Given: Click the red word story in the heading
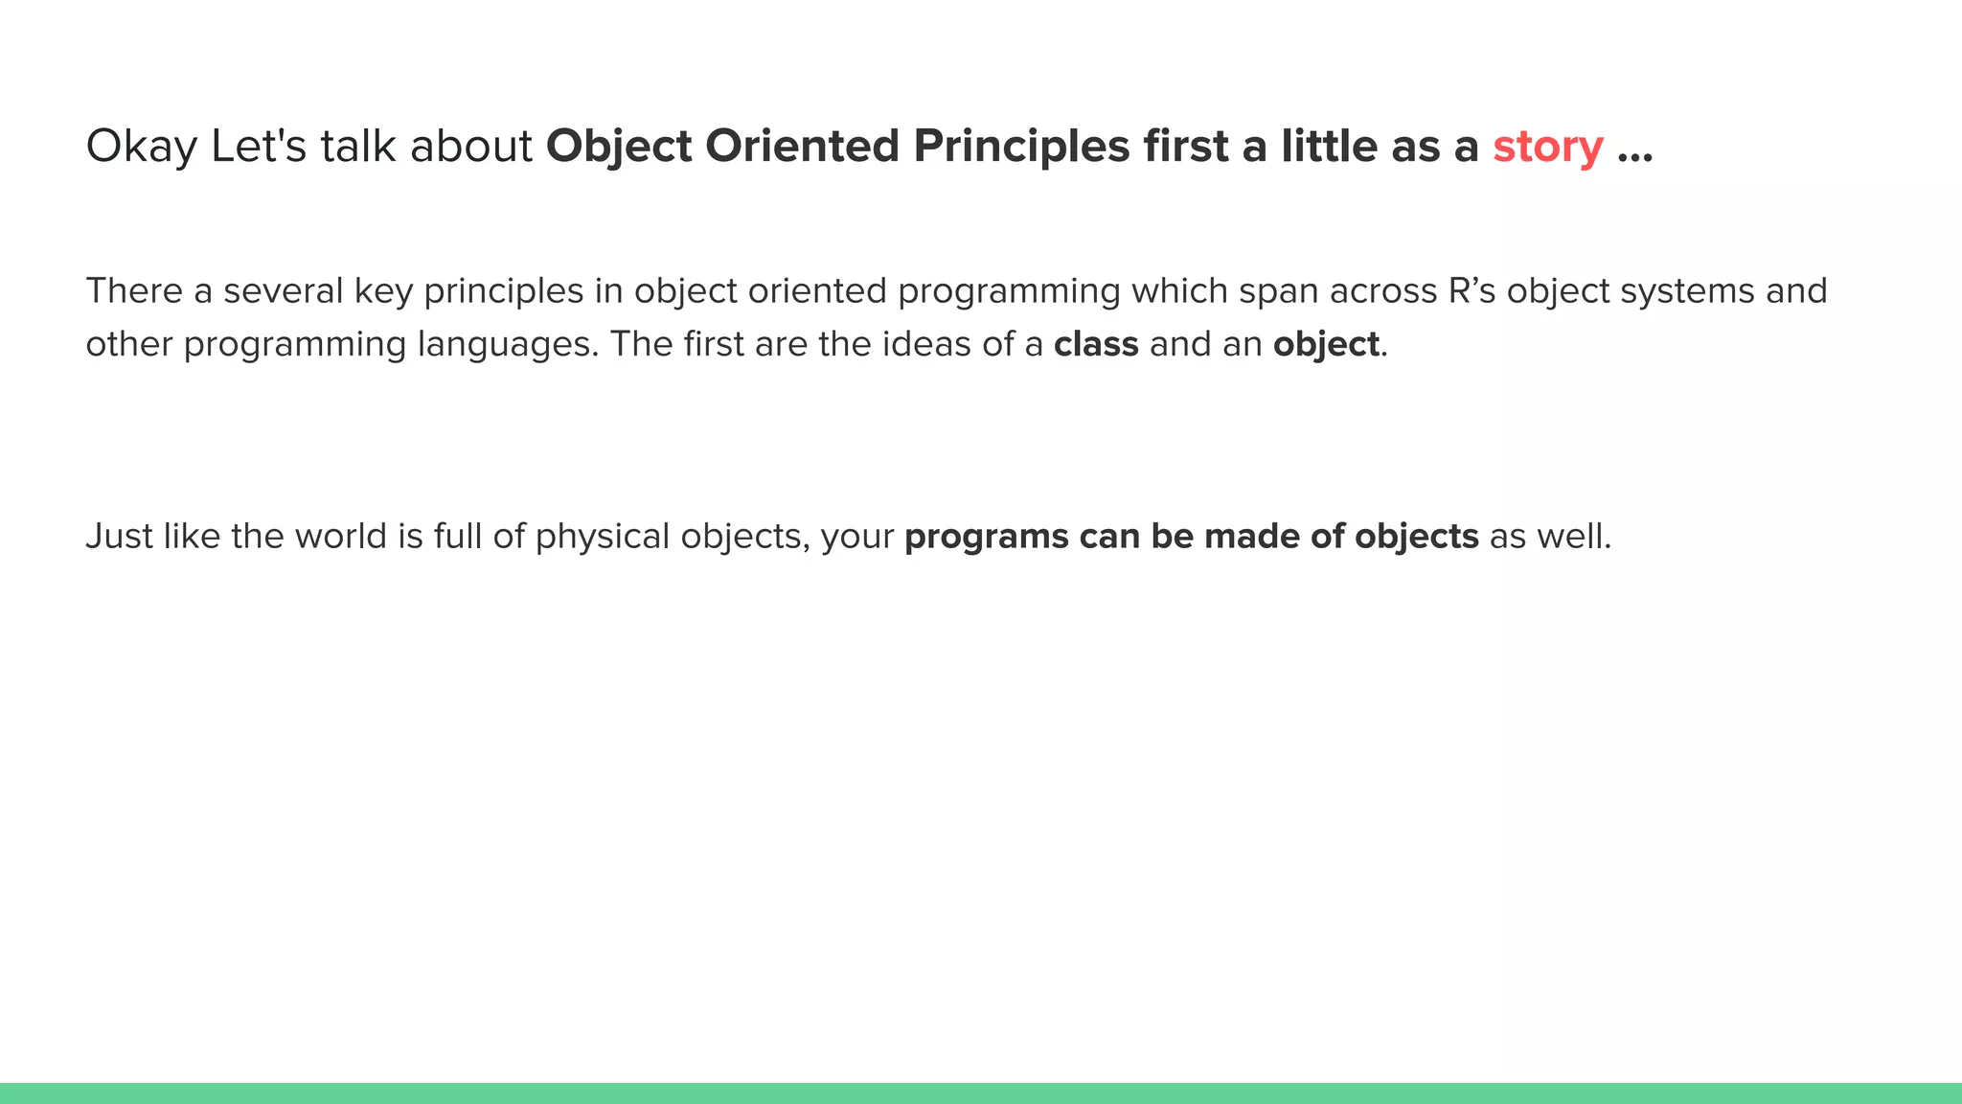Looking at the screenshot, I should (x=1547, y=147).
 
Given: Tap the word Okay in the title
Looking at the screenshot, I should (x=141, y=147).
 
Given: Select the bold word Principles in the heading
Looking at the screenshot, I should (x=1020, y=147).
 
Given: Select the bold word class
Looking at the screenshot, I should (x=1096, y=344).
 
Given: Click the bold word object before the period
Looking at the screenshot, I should (x=1326, y=344).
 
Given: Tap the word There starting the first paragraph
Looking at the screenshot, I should (x=134, y=290).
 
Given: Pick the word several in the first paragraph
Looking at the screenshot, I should (x=283, y=290).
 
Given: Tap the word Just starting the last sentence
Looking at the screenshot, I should (x=119, y=536).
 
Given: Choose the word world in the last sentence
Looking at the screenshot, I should (x=340, y=536).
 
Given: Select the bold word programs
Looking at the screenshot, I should (x=986, y=536).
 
